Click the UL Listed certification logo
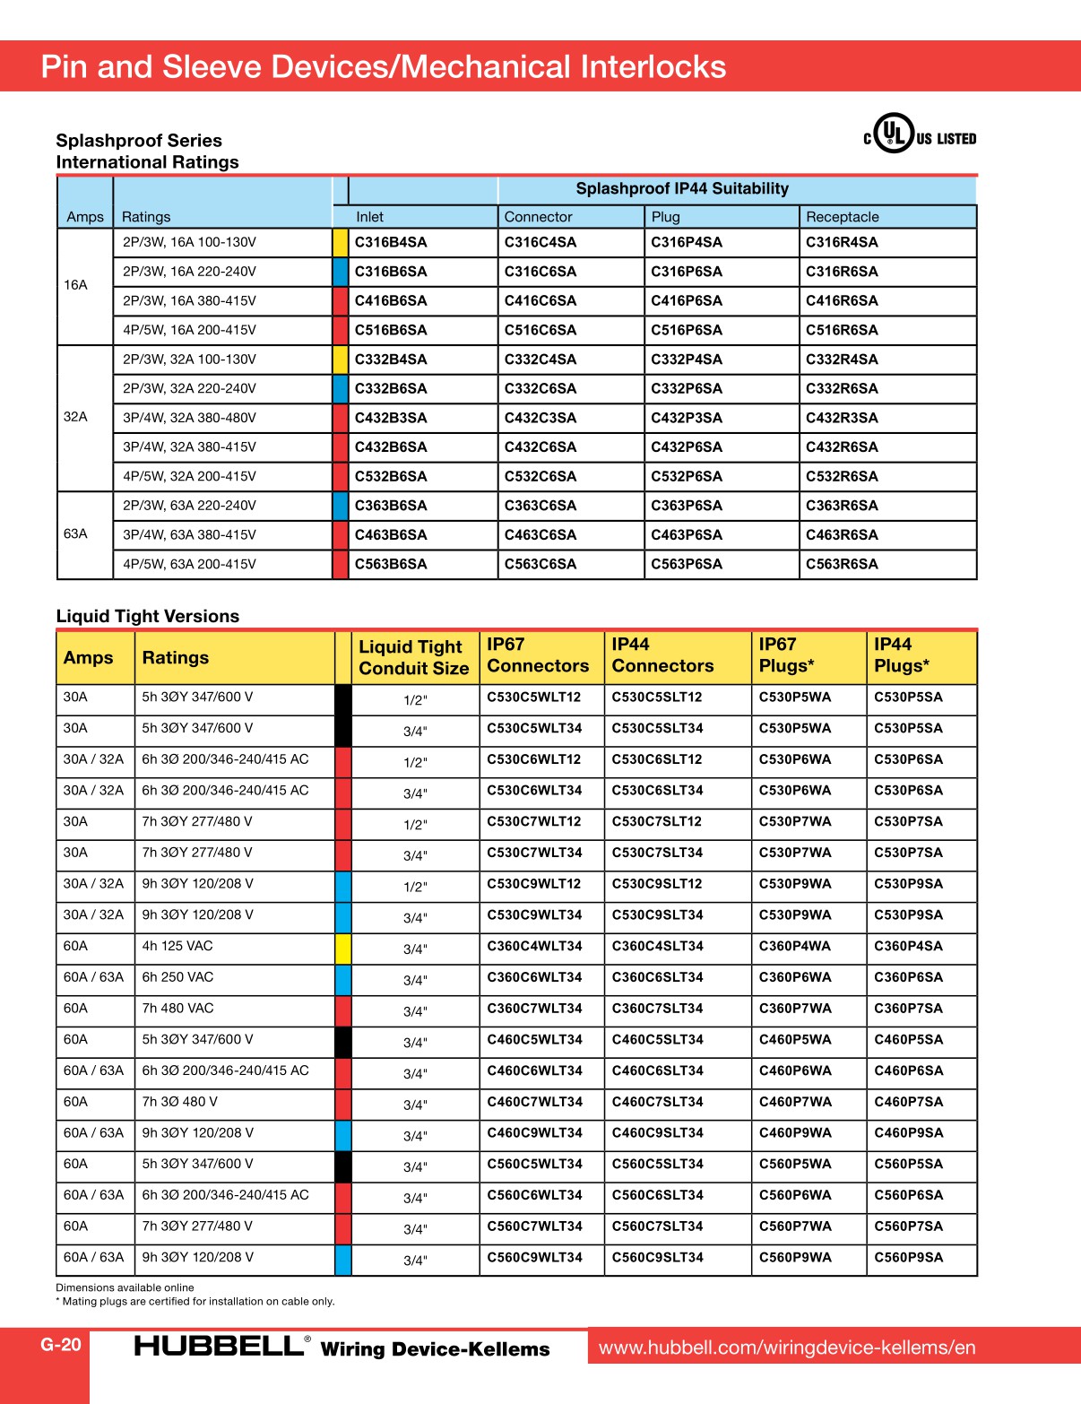[919, 134]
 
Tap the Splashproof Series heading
[139, 141]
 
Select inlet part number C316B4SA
[391, 242]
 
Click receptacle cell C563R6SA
[842, 564]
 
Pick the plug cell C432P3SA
[687, 418]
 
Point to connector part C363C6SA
[540, 506]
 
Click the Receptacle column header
[843, 217]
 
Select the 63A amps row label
[76, 533]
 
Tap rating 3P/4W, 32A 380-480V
[189, 418]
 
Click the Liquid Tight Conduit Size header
[413, 658]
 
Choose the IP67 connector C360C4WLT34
[534, 946]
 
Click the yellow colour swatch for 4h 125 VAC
[342, 948]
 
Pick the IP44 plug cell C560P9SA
[908, 1257]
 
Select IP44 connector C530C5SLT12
[657, 697]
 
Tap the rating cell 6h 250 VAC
[177, 977]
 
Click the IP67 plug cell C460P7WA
[795, 1102]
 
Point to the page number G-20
[61, 1345]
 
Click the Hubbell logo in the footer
[220, 1346]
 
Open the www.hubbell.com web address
[787, 1348]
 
